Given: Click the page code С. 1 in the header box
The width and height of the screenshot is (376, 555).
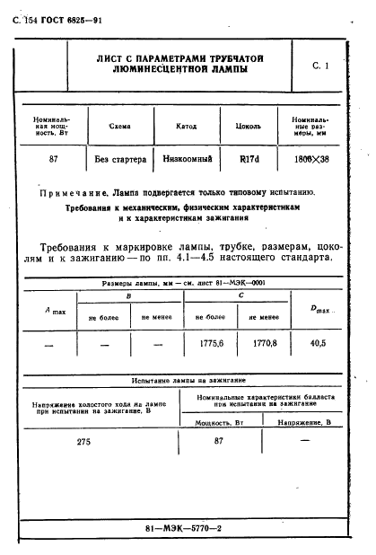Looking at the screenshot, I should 321,66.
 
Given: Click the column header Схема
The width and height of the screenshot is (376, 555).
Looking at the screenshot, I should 119,127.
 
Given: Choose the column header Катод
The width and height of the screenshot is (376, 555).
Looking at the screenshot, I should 188,127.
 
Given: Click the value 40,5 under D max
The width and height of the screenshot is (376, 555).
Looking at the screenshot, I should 316,343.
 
